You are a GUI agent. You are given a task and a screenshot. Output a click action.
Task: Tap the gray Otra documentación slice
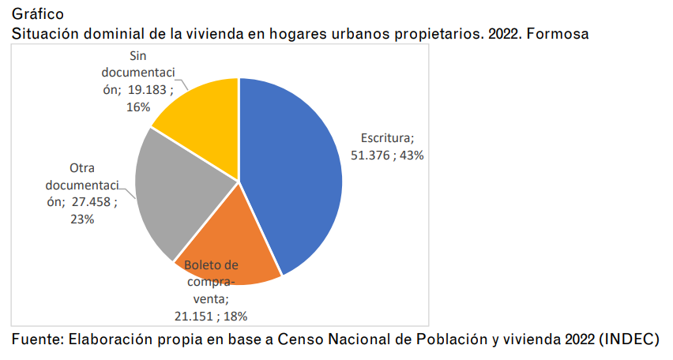[178, 193]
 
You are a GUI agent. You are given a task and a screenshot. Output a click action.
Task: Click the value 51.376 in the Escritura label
[371, 156]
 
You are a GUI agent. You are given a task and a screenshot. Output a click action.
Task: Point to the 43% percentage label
[412, 156]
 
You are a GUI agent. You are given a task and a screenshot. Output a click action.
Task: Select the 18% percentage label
[235, 316]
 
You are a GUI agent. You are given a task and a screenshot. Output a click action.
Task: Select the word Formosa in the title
[562, 35]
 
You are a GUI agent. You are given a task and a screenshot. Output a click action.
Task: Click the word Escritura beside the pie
[386, 138]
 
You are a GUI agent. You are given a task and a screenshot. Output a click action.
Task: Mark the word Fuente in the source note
[36, 339]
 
